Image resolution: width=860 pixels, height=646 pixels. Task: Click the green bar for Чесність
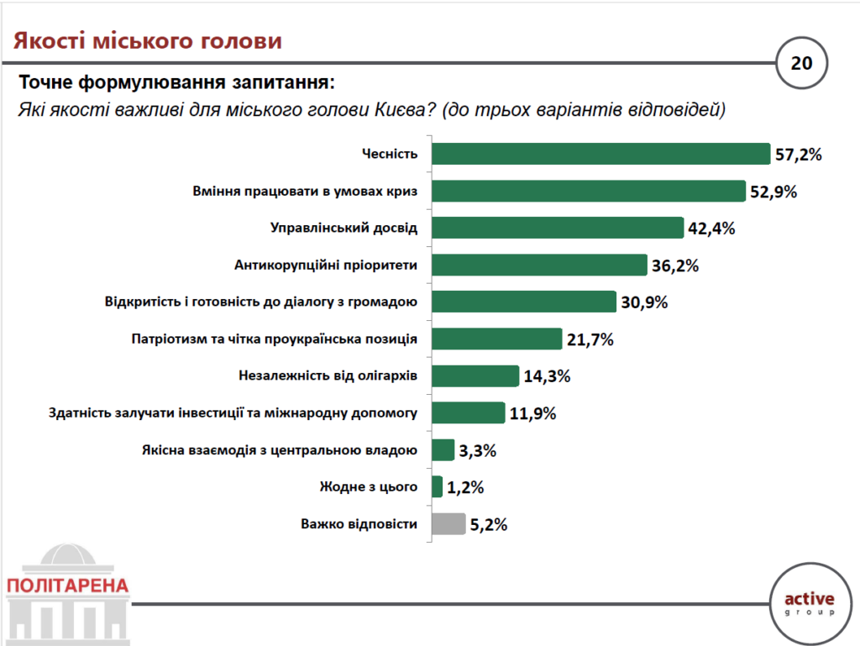600,154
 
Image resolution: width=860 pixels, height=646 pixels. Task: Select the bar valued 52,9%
588,191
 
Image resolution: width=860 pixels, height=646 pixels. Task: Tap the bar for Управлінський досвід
557,228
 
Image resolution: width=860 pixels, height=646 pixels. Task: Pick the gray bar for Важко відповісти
448,524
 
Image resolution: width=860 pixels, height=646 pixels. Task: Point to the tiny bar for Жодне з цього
437,487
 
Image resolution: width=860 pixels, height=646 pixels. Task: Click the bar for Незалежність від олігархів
475,376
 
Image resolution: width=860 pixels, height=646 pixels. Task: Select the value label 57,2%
797,155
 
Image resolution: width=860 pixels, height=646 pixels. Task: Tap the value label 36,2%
675,265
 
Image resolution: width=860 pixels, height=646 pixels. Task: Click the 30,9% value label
644,302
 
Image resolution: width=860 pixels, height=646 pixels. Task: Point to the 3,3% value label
478,450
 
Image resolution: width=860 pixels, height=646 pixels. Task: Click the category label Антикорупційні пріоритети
326,265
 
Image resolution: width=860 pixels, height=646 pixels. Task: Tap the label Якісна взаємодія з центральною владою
281,450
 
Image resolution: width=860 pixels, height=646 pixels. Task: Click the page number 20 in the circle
802,62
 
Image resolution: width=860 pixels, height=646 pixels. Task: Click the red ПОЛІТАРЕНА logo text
67,586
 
